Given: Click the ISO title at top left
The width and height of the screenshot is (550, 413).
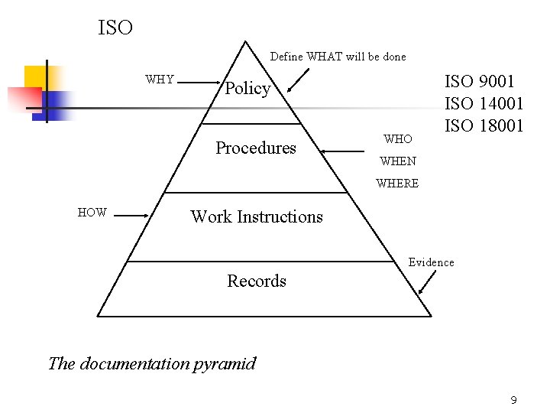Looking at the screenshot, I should click(115, 28).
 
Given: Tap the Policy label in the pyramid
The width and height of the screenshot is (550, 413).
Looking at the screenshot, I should click(247, 89).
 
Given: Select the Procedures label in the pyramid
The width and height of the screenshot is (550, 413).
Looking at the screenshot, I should click(256, 148).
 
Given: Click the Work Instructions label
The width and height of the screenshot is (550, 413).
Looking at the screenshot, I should click(257, 216).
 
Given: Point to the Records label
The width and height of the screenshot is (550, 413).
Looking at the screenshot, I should click(257, 281).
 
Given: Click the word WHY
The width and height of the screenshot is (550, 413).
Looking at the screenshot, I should click(160, 80).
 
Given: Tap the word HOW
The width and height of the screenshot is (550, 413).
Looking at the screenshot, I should click(92, 213).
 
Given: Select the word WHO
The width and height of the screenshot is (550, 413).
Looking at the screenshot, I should click(398, 139).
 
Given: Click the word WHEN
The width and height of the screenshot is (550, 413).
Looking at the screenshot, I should click(398, 161).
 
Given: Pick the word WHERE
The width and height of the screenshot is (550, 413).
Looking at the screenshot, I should click(397, 184).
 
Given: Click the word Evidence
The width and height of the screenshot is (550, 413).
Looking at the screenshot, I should click(431, 262).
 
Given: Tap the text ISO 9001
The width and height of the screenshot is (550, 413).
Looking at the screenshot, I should click(480, 81).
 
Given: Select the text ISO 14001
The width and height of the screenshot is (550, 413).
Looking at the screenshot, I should click(484, 103).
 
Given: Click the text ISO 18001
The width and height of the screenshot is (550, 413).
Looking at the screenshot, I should click(484, 125).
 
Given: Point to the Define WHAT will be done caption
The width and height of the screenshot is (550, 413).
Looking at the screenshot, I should click(338, 57).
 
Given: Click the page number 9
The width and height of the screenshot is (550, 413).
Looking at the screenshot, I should click(514, 400).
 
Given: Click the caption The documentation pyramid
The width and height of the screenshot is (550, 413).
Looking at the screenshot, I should click(152, 363).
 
